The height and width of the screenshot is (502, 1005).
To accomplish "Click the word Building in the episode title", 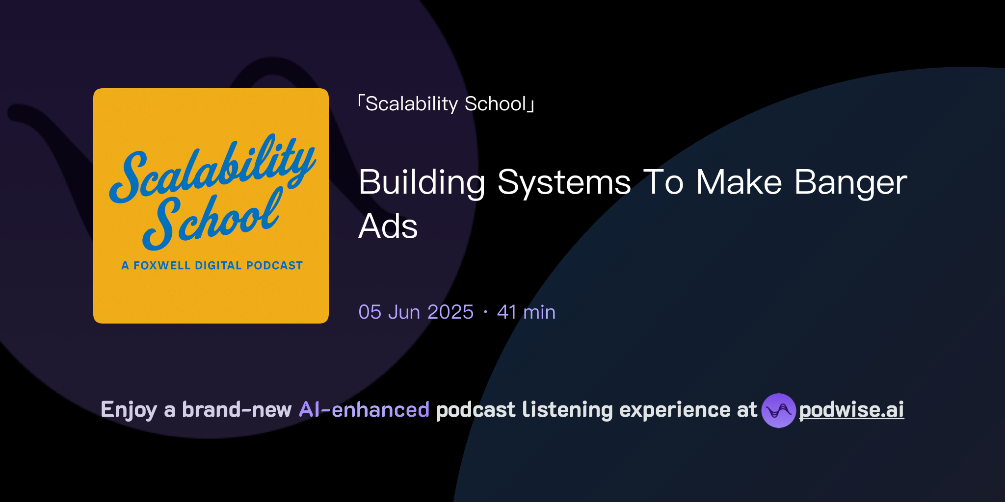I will (422, 183).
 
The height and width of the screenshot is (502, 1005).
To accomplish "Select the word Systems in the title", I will (564, 183).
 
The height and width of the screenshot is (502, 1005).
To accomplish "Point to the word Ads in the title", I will (388, 226).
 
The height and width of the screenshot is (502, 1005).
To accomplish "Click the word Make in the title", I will (739, 183).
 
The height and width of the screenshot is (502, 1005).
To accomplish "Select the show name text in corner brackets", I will (446, 104).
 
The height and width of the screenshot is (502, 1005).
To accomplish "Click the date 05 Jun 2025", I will (416, 312).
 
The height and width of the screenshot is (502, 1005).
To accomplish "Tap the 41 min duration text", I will (526, 312).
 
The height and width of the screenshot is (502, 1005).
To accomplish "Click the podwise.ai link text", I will (851, 410).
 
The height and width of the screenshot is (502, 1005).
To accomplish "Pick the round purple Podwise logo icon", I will (778, 410).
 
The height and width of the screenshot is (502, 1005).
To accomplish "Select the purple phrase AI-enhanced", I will (364, 410).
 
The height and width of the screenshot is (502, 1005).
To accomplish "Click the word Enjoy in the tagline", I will (129, 410).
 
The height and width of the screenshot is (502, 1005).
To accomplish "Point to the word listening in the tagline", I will (567, 410).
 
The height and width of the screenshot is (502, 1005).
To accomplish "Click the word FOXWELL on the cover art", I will (162, 266).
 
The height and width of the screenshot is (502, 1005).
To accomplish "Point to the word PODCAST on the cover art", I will (274, 266).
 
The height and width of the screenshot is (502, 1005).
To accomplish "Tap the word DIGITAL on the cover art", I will (218, 266).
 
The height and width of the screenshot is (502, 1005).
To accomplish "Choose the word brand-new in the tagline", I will (237, 410).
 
